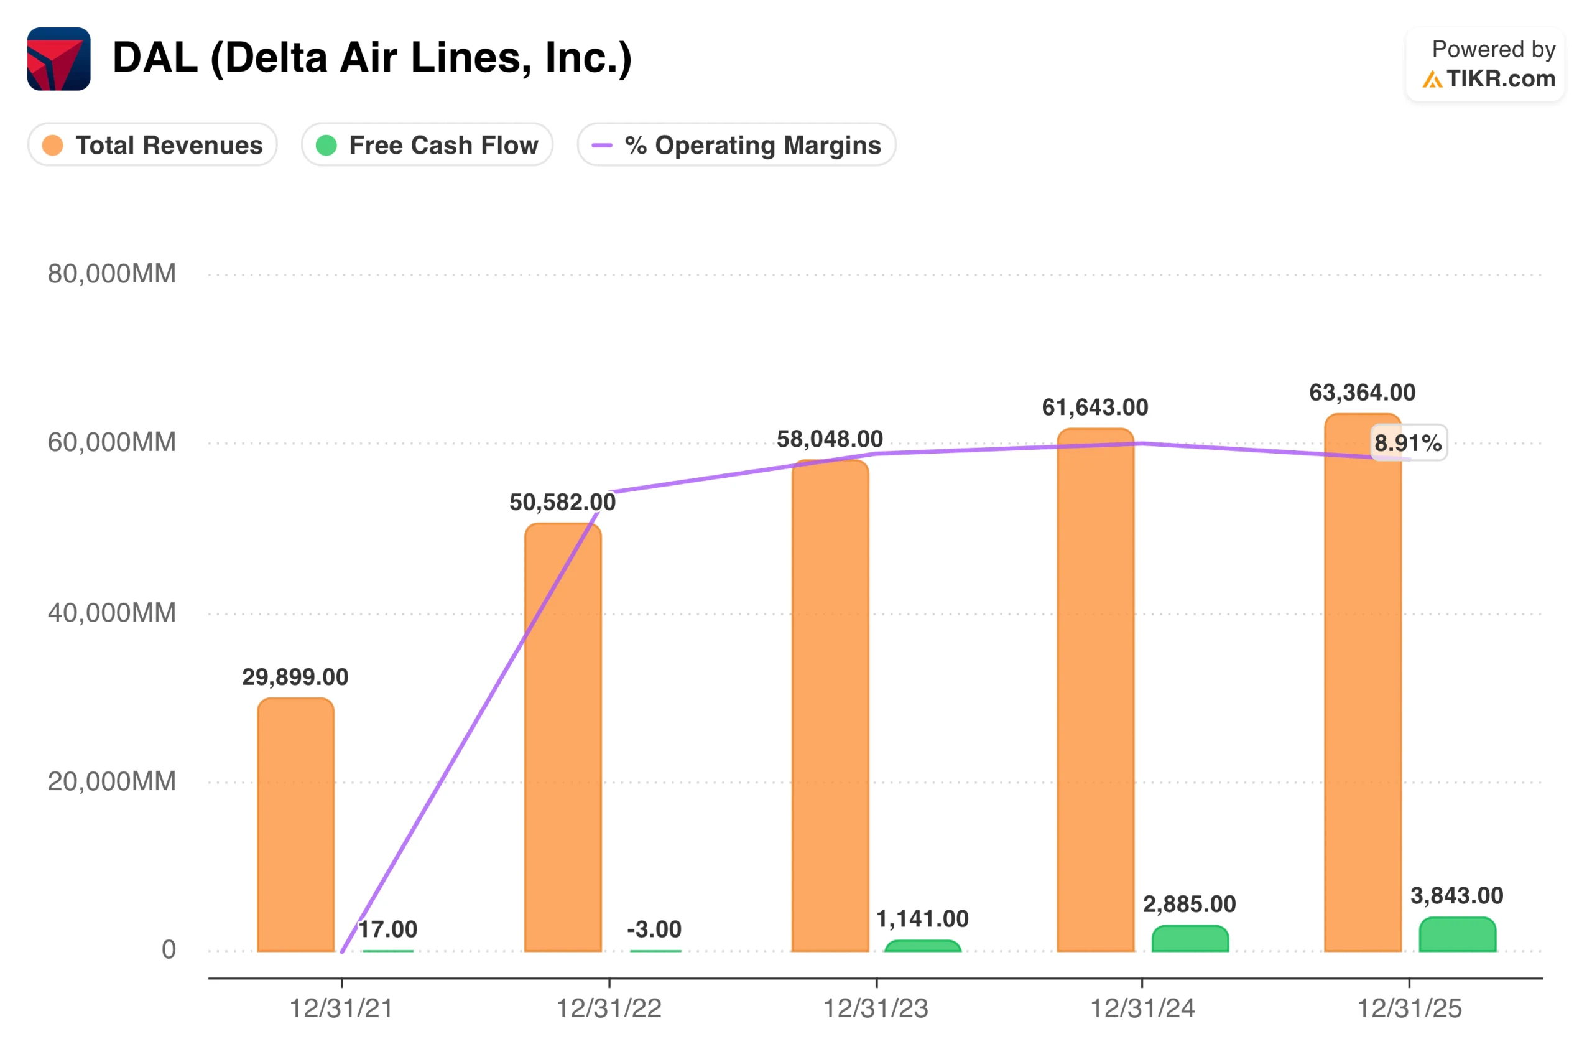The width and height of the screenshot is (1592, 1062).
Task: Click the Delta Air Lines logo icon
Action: [x=59, y=59]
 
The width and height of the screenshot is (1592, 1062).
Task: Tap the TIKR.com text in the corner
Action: [x=1501, y=79]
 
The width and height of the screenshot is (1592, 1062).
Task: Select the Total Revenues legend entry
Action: [x=153, y=145]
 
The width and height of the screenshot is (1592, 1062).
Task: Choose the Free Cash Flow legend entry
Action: [x=427, y=145]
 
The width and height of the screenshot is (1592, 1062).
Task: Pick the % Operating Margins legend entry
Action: [x=736, y=145]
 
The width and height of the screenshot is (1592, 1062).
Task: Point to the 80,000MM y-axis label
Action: [x=112, y=274]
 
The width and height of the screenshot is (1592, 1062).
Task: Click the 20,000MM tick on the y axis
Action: [x=112, y=781]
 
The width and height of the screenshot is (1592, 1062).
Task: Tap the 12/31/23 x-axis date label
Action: [x=876, y=1009]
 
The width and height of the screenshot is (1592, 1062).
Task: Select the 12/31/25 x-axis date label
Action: [x=1410, y=1009]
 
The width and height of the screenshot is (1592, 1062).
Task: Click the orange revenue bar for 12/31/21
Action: [x=296, y=825]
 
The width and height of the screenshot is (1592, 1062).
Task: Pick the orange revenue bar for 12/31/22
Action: [x=563, y=738]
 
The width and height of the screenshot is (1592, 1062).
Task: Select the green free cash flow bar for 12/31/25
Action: [x=1458, y=934]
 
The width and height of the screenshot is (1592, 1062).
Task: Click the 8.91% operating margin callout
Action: [x=1409, y=443]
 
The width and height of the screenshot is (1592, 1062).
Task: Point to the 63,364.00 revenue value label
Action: [x=1363, y=393]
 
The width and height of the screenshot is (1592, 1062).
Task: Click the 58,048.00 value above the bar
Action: [x=830, y=439]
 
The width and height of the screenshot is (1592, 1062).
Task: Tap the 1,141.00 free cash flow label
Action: [x=923, y=919]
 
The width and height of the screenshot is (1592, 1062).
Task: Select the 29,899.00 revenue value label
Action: [x=296, y=678]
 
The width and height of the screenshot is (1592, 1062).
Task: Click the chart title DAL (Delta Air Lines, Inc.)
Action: [x=373, y=58]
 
